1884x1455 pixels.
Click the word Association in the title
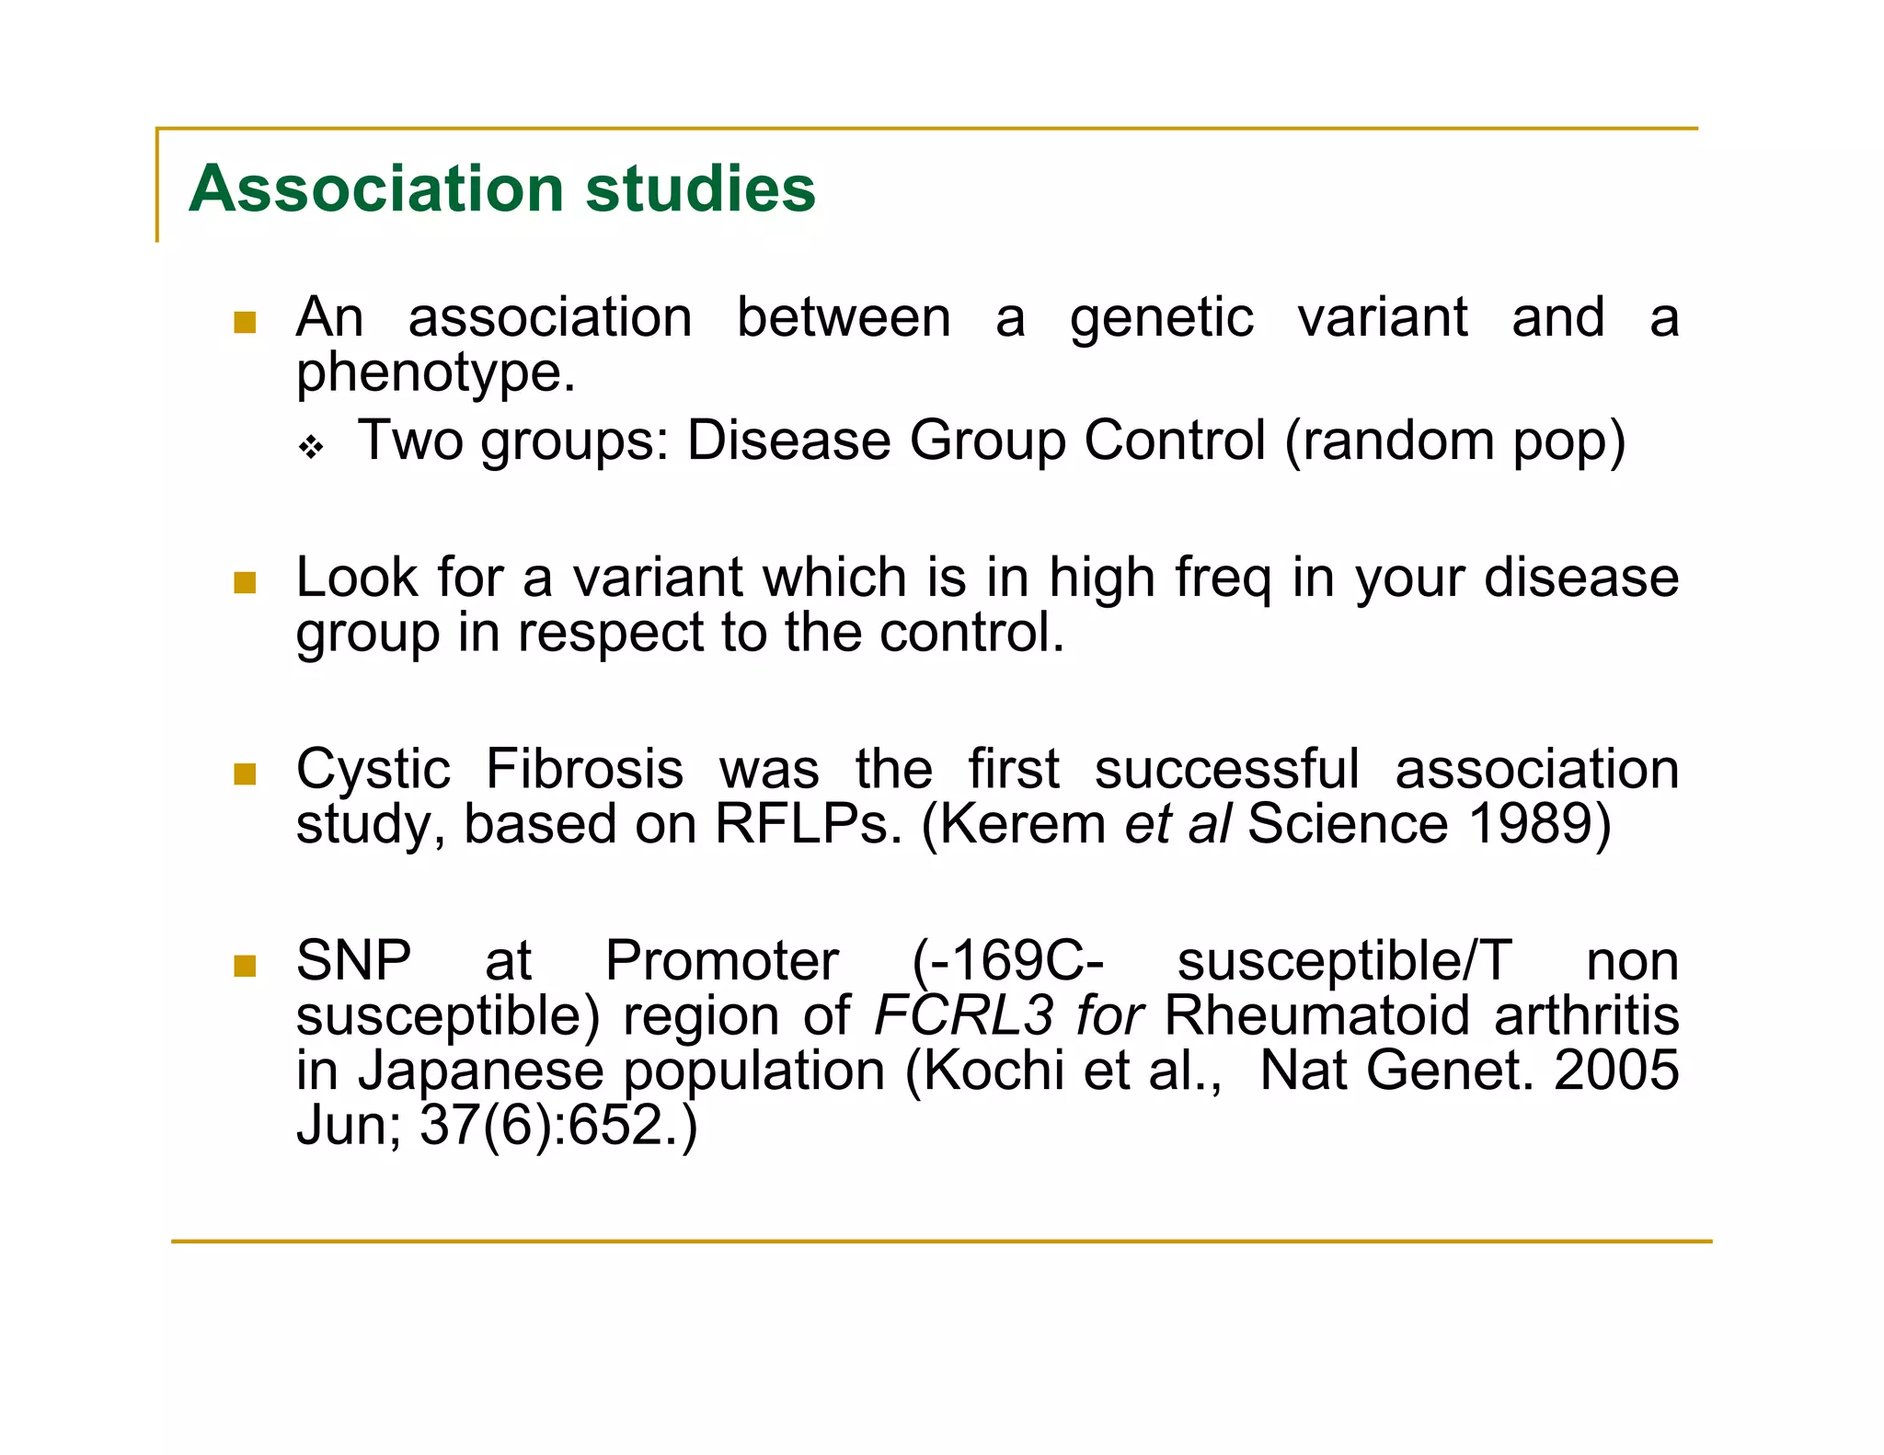(x=375, y=189)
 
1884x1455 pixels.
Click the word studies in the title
(x=700, y=189)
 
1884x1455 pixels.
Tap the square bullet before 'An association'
(x=245, y=322)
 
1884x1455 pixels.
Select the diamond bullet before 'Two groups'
(x=312, y=448)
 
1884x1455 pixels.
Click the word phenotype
(x=434, y=373)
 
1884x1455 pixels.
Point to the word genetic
(x=1161, y=318)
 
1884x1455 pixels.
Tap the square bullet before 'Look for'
(x=245, y=582)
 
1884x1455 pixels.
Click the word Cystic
(x=373, y=770)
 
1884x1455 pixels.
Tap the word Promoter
(x=721, y=962)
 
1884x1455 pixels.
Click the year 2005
(x=1616, y=1071)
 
